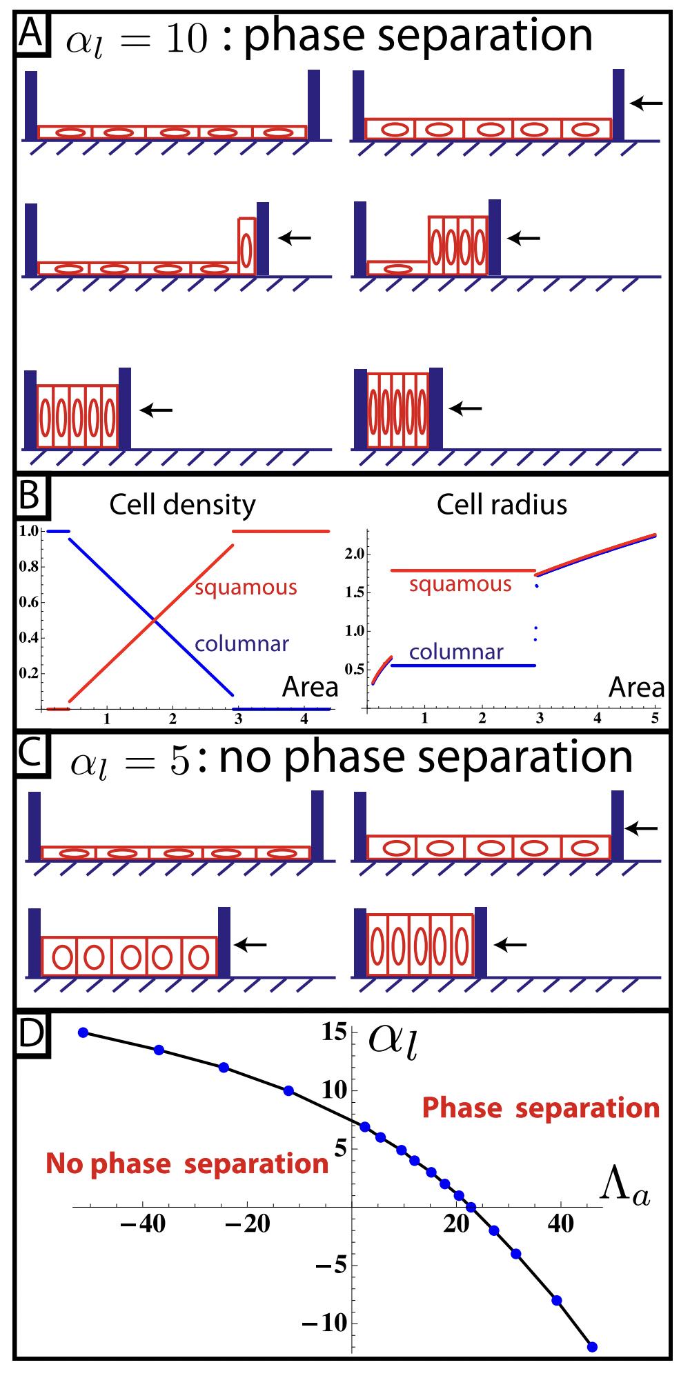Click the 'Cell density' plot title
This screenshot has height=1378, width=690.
pos(182,506)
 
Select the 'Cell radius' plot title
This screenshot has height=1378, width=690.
pos(502,506)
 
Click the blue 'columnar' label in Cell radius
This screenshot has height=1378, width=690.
pos(456,651)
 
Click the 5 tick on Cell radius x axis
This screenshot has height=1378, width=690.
pos(654,718)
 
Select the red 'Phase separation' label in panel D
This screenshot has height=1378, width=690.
pos(541,1108)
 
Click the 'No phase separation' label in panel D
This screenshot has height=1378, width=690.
pos(186,1164)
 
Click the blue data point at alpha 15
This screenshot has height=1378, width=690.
pos(83,1032)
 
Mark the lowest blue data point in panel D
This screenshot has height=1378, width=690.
pos(592,1347)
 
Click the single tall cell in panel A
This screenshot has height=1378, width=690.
pos(247,246)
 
